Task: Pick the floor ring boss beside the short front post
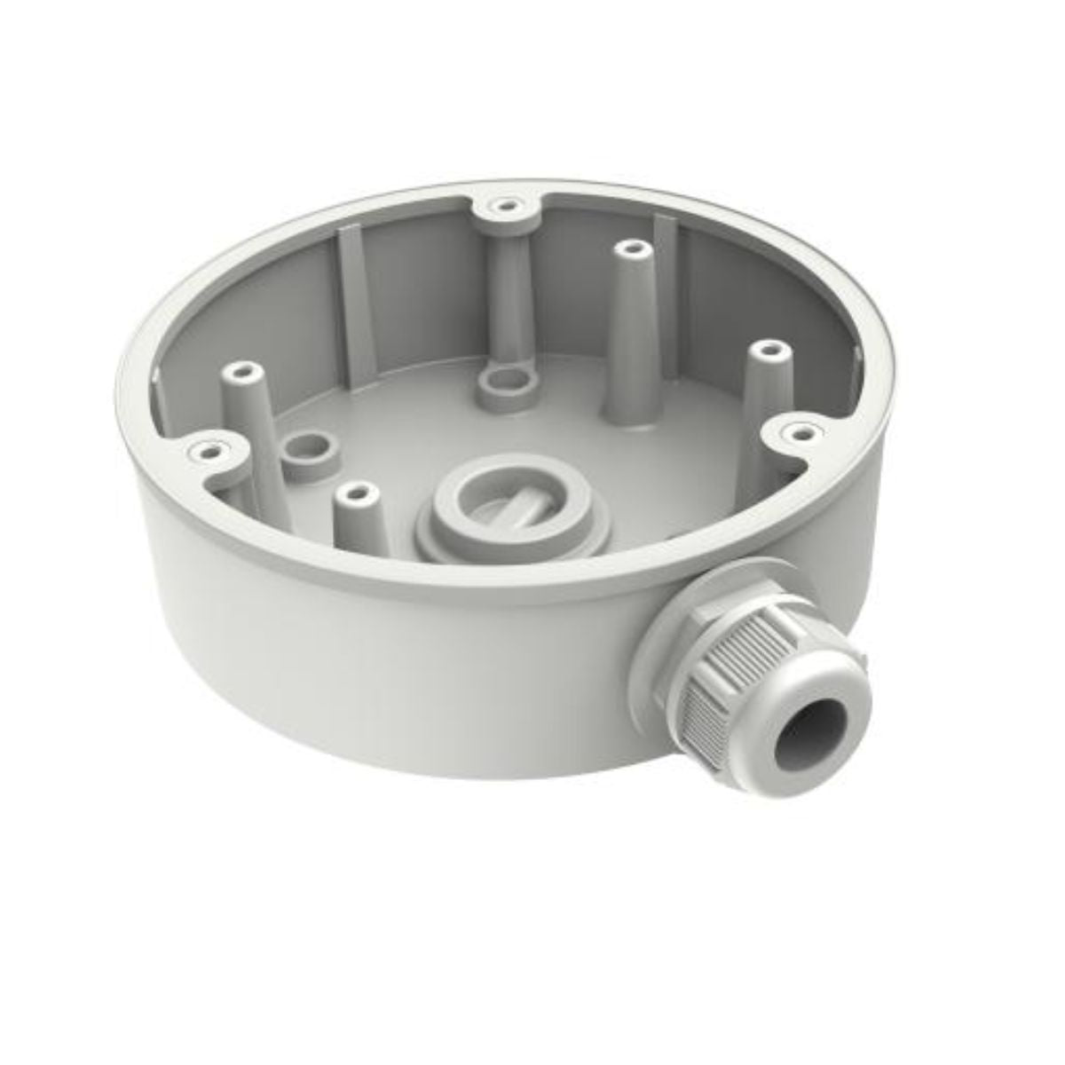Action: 311,448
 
